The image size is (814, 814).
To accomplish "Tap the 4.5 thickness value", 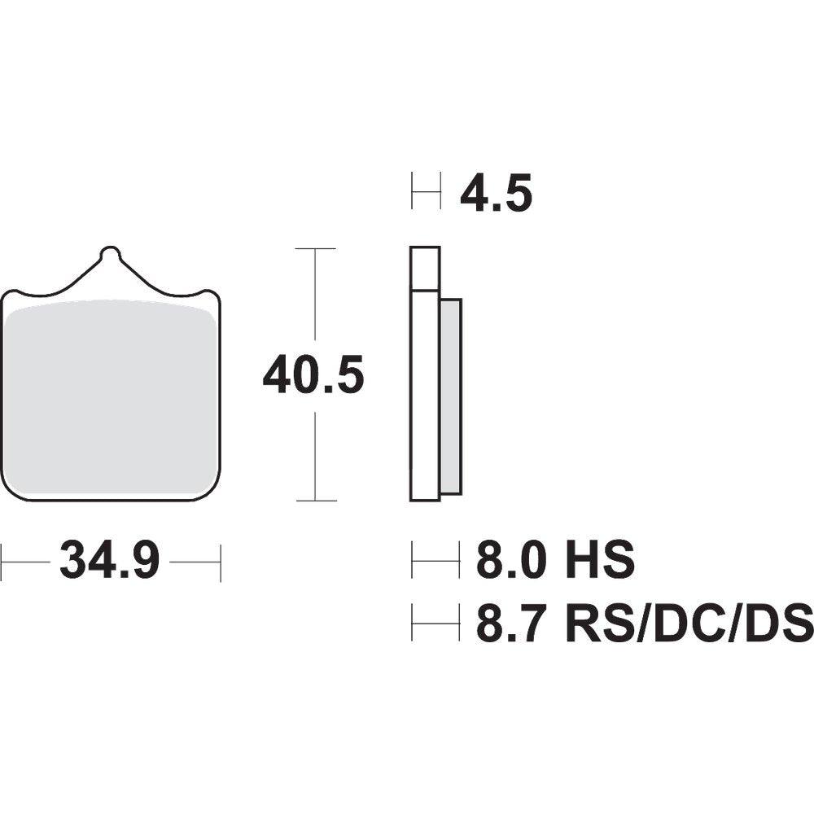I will pos(496,195).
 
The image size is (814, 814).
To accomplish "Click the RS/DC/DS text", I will pos(682,624).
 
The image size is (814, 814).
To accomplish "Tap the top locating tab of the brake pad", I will pos(110,259).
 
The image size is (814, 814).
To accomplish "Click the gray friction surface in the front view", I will pos(111,399).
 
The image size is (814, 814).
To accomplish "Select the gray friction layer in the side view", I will pos(451,396).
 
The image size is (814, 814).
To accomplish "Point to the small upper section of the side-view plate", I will pos(425,268).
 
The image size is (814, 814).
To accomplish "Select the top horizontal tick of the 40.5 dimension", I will pos(314,248).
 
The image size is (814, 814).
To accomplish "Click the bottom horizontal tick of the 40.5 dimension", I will pos(314,501).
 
